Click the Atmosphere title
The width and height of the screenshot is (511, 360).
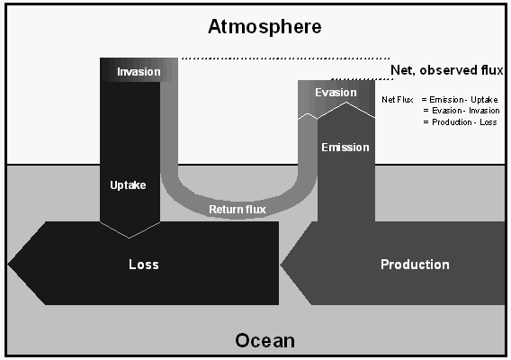pos(264,27)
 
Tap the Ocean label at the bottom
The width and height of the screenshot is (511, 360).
pos(265,341)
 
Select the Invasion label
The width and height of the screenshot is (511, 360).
pos(139,72)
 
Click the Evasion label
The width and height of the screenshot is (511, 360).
pos(336,93)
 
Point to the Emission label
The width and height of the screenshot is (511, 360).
pos(345,148)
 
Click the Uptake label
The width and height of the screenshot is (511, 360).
pos(128,185)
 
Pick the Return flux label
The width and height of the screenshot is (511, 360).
pos(238,210)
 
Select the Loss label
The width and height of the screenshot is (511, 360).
pos(144,265)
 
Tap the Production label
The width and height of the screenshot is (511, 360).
pos(415,265)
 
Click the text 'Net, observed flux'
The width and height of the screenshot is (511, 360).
pos(447,70)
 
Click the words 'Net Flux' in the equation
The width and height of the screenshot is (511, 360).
pos(398,100)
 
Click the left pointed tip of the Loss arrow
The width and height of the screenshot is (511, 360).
pos(8,264)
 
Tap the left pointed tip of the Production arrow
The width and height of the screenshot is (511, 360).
pos(281,265)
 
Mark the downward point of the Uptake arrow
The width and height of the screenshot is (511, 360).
pos(129,238)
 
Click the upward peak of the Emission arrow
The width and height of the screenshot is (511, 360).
pos(346,103)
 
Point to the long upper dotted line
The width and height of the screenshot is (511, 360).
pos(285,58)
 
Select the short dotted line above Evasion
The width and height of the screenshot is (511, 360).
pos(362,79)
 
